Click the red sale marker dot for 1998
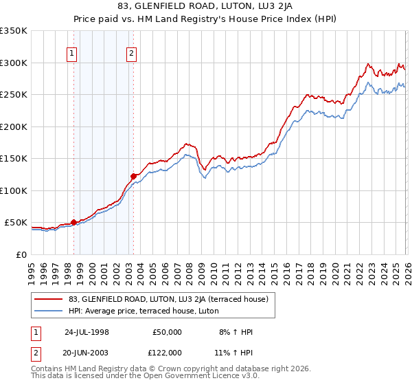click(73, 222)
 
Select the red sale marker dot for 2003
click(133, 176)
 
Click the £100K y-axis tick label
click(14, 190)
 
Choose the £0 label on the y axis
click(21, 254)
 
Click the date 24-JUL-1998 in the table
click(87, 331)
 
